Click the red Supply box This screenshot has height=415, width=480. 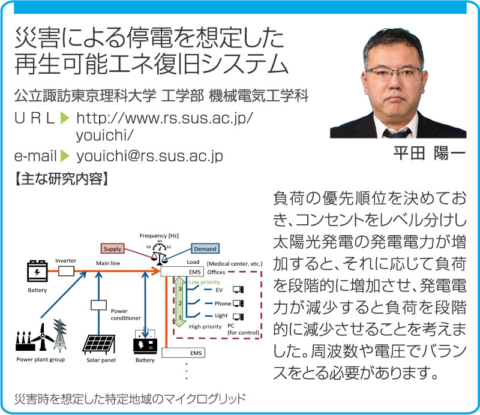112,249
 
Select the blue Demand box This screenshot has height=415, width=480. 205,249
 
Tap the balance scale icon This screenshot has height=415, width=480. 160,257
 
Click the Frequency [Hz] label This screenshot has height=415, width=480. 159,236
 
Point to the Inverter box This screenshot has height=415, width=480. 66,271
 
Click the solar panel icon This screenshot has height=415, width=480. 99,345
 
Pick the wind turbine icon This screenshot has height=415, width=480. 43,337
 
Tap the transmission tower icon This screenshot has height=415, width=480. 59,335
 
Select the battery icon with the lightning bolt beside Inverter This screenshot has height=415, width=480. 37,271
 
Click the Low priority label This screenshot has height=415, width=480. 204,282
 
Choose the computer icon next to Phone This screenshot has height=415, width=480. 238,303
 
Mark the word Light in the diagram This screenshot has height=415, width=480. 221,315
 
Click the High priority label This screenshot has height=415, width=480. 205,327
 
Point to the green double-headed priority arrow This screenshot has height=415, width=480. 180,302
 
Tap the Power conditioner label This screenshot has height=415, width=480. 125,315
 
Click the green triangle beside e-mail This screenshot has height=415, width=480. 65,156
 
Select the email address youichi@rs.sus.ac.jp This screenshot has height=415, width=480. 149,157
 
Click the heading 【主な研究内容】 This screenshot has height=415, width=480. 61,179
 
